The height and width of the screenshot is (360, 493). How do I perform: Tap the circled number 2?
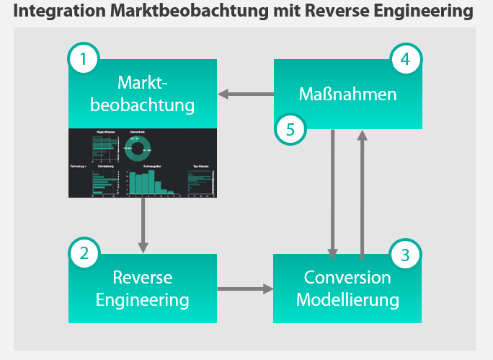click(84, 253)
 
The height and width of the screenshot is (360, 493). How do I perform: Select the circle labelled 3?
click(405, 254)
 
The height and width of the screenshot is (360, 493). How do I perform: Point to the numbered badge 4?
click(405, 59)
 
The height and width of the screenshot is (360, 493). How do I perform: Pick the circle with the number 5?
click(290, 130)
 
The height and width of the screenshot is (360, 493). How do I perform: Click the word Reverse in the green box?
click(143, 277)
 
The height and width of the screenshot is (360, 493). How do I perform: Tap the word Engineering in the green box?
click(143, 299)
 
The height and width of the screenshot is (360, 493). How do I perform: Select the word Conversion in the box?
click(347, 277)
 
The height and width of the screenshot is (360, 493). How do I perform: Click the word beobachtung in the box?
click(143, 105)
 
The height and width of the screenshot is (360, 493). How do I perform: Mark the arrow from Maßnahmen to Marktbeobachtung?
click(245, 94)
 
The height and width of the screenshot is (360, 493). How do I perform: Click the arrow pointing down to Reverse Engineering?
click(143, 225)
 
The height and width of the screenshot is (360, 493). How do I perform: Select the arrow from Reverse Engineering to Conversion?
click(245, 289)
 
